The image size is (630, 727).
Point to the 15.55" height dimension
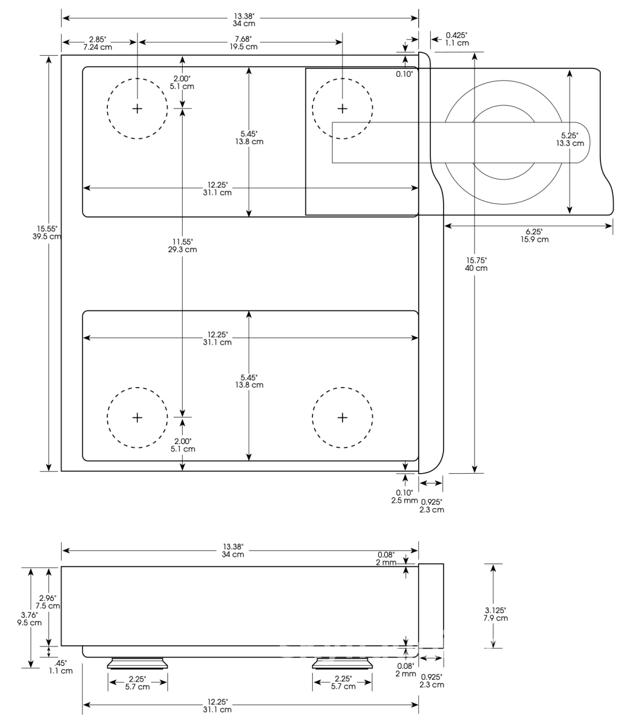(47, 228)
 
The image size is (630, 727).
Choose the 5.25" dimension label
(569, 136)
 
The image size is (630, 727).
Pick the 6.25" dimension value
(534, 231)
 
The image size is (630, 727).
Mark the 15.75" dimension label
(476, 260)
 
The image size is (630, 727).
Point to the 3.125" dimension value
(495, 610)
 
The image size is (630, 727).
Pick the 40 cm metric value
(476, 268)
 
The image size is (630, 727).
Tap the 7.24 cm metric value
(96, 47)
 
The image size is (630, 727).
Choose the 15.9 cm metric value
(534, 239)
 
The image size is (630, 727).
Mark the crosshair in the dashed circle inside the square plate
(343, 108)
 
